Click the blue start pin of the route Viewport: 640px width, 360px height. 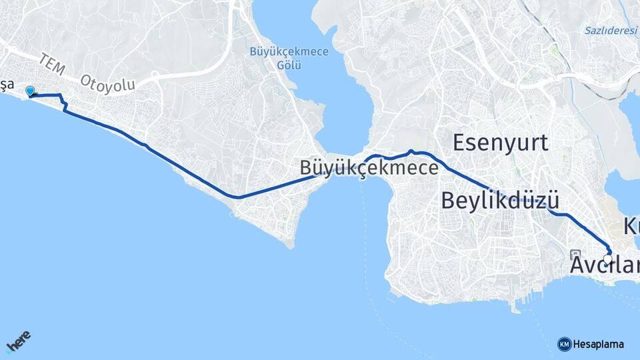point(29,92)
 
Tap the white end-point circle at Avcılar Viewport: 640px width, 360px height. point(607,258)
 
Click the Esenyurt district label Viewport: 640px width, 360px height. point(500,142)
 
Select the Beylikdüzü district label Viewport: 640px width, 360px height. point(499,200)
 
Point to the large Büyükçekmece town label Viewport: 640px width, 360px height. point(369,167)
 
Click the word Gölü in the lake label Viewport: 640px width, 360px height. point(289,65)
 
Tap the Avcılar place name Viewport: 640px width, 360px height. point(604,266)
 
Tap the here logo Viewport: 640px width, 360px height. point(18,342)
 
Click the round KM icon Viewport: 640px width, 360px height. point(564,344)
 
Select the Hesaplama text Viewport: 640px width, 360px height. point(599,344)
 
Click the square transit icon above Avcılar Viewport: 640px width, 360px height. point(576,254)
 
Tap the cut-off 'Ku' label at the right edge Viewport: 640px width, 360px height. point(631,225)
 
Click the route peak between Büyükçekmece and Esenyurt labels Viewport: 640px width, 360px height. point(411,151)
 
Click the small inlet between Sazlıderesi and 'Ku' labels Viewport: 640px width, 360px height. point(631,107)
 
